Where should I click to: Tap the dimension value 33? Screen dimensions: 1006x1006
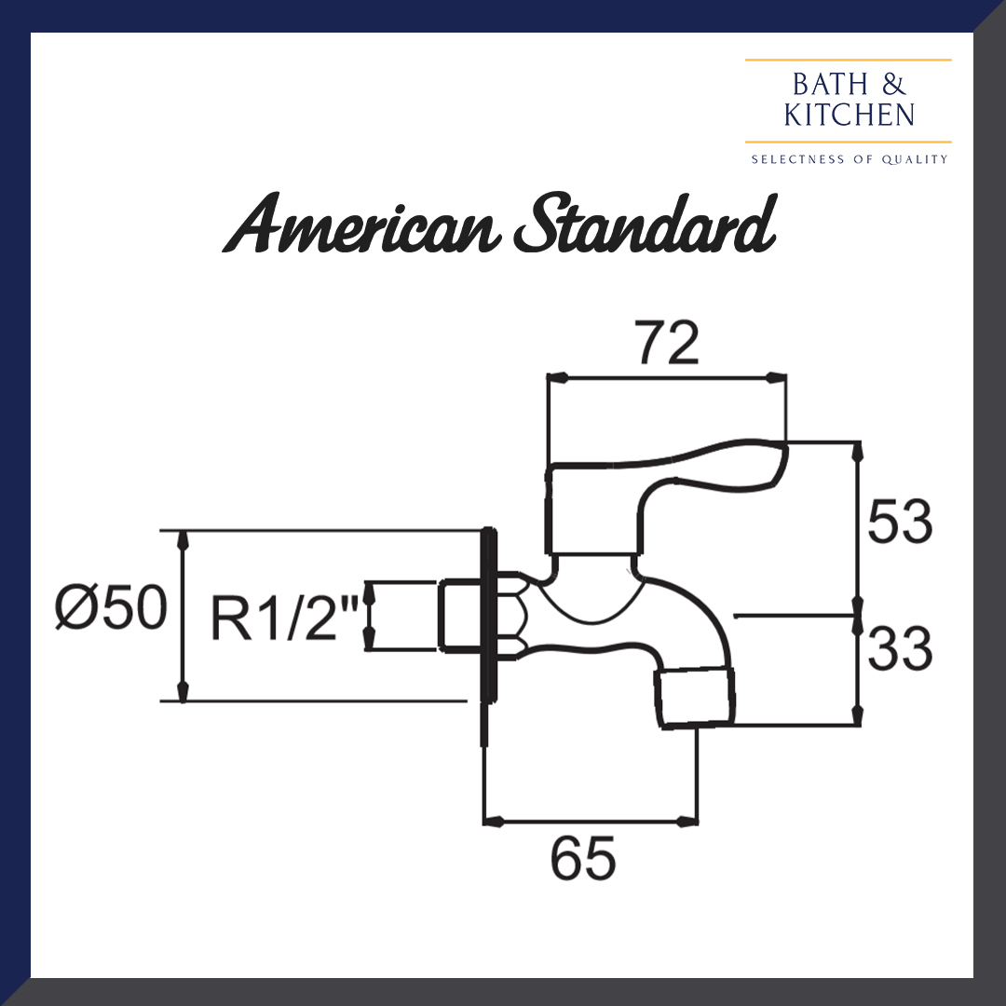pyautogui.click(x=899, y=649)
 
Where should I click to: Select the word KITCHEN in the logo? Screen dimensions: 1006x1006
pyautogui.click(x=849, y=116)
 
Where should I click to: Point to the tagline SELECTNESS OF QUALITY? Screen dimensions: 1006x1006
pyautogui.click(x=849, y=159)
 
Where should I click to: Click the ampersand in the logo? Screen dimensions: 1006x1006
pyautogui.click(x=891, y=86)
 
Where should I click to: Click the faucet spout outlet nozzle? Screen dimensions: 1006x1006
pyautogui.click(x=695, y=697)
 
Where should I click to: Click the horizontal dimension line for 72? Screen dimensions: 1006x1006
pyautogui.click(x=667, y=377)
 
